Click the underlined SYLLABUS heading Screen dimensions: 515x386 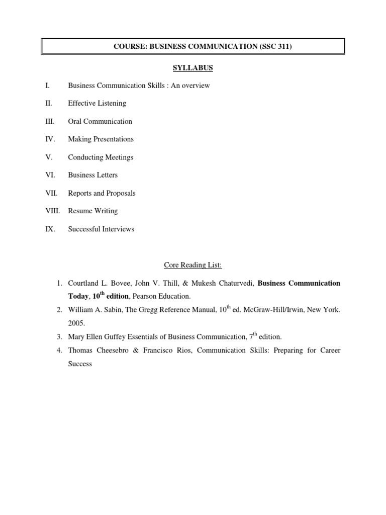pyautogui.click(x=193, y=68)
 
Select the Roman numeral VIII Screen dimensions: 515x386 pyautogui.click(x=52, y=211)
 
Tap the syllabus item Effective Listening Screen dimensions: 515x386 pyautogui.click(x=97, y=104)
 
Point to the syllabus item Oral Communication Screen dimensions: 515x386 pyautogui.click(x=100, y=122)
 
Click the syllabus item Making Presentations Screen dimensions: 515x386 pyautogui.click(x=101, y=139)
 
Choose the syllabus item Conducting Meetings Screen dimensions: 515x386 pyautogui.click(x=101, y=157)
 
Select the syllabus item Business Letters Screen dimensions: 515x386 pyautogui.click(x=93, y=176)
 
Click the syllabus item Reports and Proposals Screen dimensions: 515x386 pyautogui.click(x=102, y=193)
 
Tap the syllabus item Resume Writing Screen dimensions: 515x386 pyautogui.click(x=93, y=211)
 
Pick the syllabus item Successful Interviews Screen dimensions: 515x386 pyautogui.click(x=101, y=229)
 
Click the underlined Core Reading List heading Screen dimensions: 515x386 pyautogui.click(x=193, y=265)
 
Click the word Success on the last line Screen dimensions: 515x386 pyautogui.click(x=80, y=364)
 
